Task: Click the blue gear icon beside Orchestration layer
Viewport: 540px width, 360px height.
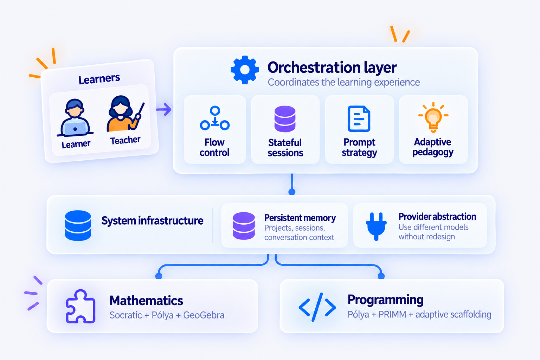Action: click(245, 70)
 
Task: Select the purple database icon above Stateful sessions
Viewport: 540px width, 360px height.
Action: click(285, 119)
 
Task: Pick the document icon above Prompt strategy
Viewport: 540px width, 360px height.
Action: click(359, 118)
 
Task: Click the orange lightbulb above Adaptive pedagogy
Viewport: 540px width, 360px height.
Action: click(433, 117)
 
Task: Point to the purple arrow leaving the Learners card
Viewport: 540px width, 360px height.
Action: click(164, 109)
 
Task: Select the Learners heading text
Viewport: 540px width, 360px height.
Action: click(99, 79)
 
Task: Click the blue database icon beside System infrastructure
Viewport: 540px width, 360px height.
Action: click(78, 225)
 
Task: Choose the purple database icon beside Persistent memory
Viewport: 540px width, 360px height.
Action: click(244, 226)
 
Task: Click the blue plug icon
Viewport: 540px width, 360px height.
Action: click(376, 226)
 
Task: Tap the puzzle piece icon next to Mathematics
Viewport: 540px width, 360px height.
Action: click(81, 306)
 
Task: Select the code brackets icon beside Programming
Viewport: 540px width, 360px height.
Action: click(317, 307)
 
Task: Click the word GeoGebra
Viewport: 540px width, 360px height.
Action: click(204, 315)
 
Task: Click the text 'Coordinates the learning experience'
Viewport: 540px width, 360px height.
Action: click(344, 82)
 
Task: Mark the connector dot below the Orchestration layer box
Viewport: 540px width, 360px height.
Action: click(292, 192)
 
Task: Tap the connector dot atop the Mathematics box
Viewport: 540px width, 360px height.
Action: click(159, 276)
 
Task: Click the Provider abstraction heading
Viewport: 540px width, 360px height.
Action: click(437, 217)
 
